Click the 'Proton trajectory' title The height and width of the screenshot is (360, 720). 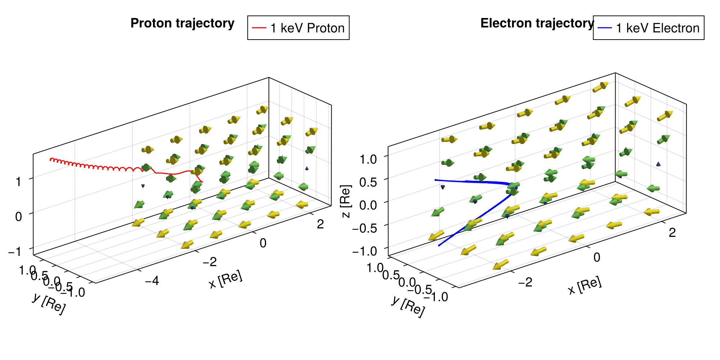click(x=182, y=23)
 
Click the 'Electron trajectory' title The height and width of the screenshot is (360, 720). click(x=537, y=23)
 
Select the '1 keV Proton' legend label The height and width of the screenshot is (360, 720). click(x=307, y=28)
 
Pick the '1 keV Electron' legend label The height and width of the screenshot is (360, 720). click(x=657, y=28)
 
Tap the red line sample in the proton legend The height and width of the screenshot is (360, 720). click(x=259, y=28)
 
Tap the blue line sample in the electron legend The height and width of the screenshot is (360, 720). click(x=604, y=28)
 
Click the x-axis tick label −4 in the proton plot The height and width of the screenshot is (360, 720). click(x=152, y=280)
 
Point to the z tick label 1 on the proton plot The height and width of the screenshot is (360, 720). click(x=19, y=181)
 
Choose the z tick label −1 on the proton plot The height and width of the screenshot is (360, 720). click(x=14, y=251)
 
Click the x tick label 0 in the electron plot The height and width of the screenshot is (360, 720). click(x=597, y=257)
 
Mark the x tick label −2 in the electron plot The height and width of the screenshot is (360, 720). click(x=525, y=282)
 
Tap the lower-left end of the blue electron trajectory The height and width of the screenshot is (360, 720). click(x=439, y=246)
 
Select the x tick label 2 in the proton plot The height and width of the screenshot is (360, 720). click(x=320, y=224)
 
